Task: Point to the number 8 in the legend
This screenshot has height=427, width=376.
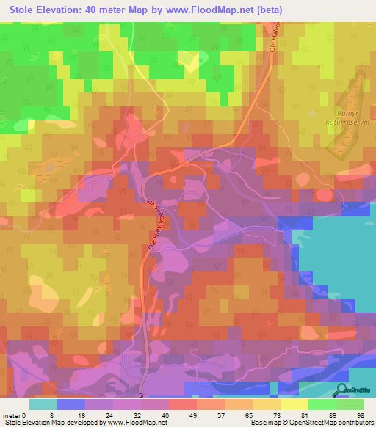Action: (57, 415)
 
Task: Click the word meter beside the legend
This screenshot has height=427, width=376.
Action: (13, 415)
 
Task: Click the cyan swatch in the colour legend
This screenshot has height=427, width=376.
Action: (43, 404)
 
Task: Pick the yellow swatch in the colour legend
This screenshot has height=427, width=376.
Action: (294, 404)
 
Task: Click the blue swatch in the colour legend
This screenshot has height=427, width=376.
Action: (71, 404)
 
